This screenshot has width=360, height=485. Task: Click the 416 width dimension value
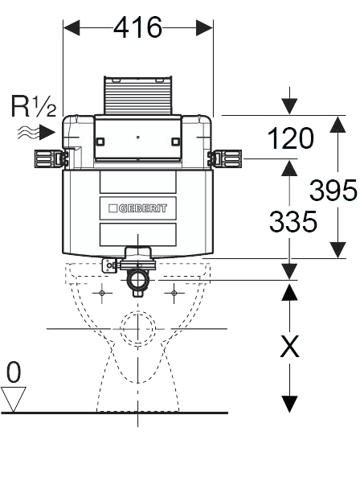tap(138, 27)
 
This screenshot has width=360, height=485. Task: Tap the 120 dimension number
tap(290, 138)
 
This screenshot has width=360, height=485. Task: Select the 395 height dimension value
tap(333, 190)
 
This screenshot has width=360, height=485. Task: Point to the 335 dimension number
tap(293, 221)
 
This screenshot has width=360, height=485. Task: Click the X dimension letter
tap(289, 346)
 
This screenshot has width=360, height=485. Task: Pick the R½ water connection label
tap(34, 106)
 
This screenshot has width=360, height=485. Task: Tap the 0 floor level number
tap(14, 372)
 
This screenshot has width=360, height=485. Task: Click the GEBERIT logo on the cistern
tap(138, 208)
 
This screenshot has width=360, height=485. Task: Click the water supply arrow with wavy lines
tap(36, 133)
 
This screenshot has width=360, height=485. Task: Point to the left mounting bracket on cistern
tap(51, 158)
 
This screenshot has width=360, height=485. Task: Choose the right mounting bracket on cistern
tap(225, 158)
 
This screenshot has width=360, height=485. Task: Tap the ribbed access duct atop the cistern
tap(138, 95)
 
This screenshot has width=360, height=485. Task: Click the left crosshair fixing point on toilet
tap(102, 293)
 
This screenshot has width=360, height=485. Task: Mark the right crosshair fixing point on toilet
tap(174, 293)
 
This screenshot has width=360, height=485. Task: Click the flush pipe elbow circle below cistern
tap(138, 280)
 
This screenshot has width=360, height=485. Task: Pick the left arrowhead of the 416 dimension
tap(72, 28)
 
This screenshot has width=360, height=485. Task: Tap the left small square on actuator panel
tap(100, 142)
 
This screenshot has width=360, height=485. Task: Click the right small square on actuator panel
tap(175, 142)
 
